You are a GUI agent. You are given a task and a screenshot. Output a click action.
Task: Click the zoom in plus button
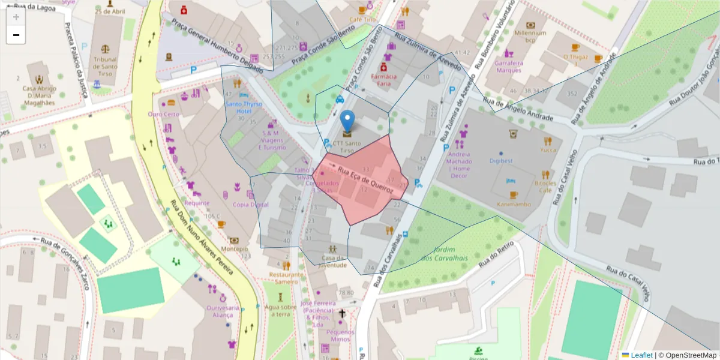pyautogui.click(x=16, y=17)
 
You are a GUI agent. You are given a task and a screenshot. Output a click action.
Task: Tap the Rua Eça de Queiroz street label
pyautogui.click(x=365, y=179)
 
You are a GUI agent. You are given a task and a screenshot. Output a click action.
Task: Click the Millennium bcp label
pyautogui.click(x=530, y=37)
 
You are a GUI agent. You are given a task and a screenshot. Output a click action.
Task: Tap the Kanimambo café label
pyautogui.click(x=513, y=204)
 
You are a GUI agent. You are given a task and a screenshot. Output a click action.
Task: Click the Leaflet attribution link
pyautogui.click(x=641, y=355)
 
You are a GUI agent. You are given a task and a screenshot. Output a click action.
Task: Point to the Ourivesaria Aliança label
pyautogui.click(x=223, y=311)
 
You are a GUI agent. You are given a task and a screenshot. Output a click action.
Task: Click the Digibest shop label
pyautogui.click(x=501, y=161)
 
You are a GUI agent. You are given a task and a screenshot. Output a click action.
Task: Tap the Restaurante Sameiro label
pyautogui.click(x=284, y=278)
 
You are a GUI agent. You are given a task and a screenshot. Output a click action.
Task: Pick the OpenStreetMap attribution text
pyautogui.click(x=689, y=355)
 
